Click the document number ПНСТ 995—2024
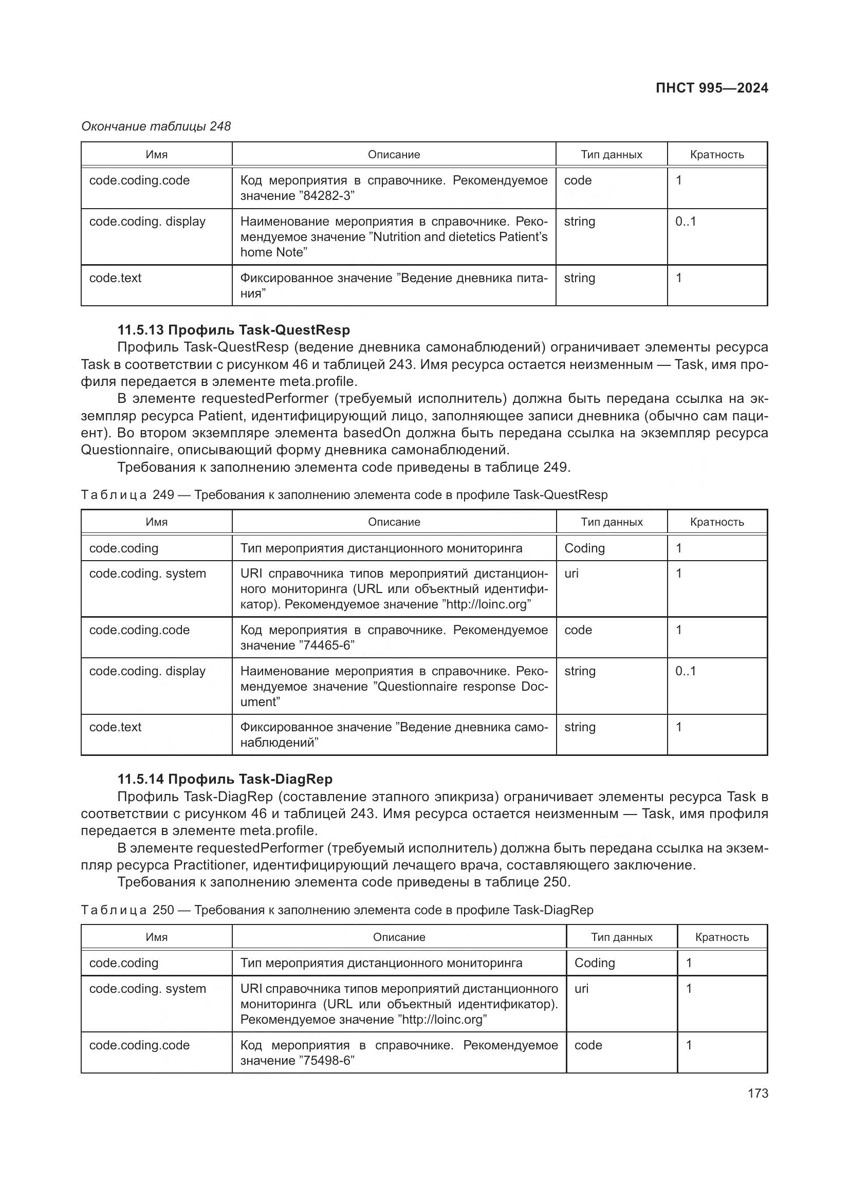coord(711,88)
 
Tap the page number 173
coord(757,1093)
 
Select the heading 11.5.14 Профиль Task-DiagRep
coord(225,779)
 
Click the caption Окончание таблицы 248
coord(155,126)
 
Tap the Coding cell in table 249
coord(584,548)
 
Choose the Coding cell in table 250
coord(595,963)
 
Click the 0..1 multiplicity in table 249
coord(685,671)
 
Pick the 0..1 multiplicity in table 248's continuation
coord(685,221)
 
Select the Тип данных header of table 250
coord(621,937)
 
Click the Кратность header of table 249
coord(716,522)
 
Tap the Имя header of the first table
coord(157,155)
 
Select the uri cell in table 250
coord(581,988)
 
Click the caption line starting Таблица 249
coord(344,495)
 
